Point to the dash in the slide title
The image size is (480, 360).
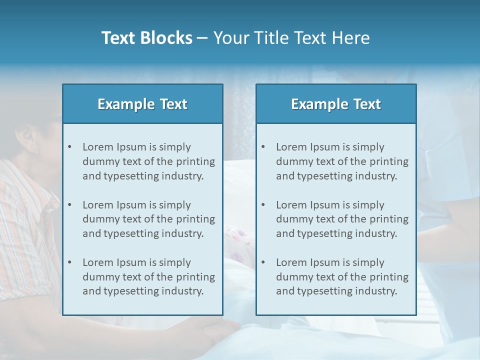tap(202, 38)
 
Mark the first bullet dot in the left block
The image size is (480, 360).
tap(69, 147)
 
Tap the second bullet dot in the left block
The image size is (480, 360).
tap(69, 205)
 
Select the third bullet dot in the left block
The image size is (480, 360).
tap(69, 262)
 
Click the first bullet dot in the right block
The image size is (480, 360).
tap(263, 147)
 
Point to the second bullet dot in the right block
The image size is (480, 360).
tap(263, 205)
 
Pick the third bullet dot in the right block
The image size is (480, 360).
tap(263, 262)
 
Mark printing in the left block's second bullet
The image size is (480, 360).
tap(196, 219)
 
